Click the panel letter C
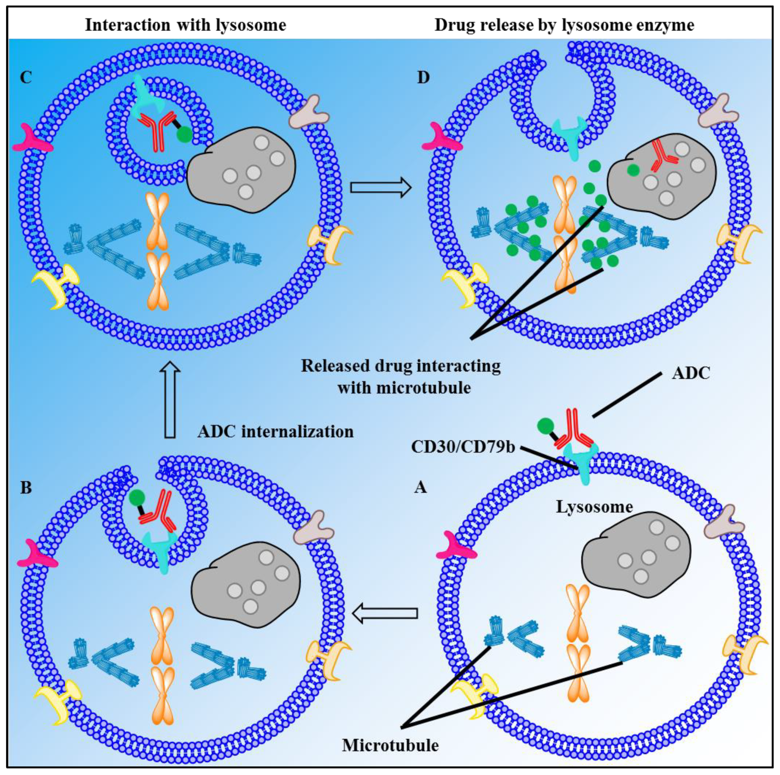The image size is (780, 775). click(26, 77)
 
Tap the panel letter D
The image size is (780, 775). click(423, 77)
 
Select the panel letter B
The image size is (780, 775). click(26, 487)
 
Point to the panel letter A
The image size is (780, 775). click(421, 487)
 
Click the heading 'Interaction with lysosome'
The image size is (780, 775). click(186, 25)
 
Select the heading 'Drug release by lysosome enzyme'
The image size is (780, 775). click(564, 25)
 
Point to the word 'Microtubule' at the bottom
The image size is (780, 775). click(390, 746)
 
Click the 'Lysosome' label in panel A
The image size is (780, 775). click(594, 507)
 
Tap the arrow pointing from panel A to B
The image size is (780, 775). click(384, 613)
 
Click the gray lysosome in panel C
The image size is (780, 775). click(241, 170)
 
